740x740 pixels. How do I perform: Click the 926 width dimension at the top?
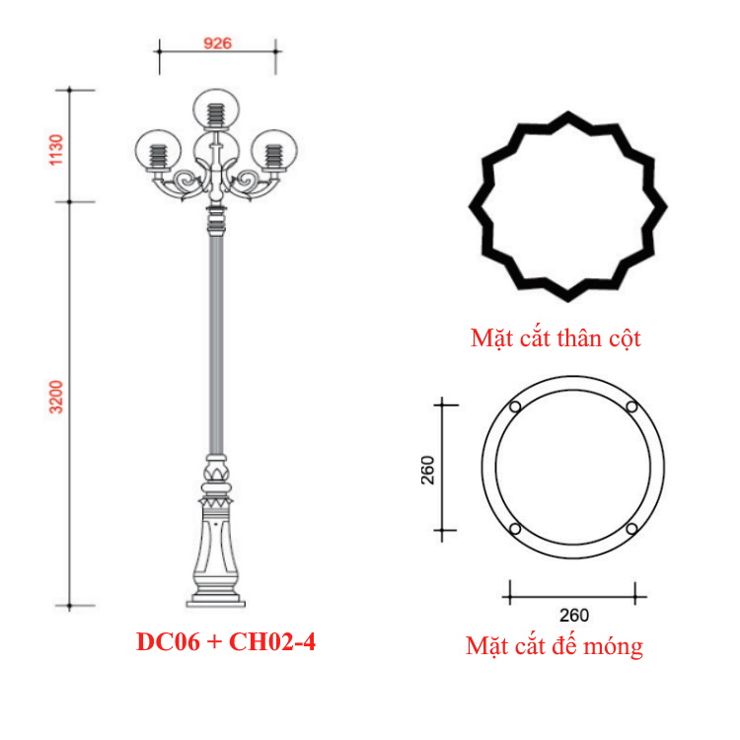tap(216, 43)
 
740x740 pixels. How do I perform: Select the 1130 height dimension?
tap(56, 148)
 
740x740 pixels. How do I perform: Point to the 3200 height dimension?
tap(56, 397)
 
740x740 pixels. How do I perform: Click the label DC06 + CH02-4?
tap(226, 642)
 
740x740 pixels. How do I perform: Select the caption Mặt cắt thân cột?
tap(555, 339)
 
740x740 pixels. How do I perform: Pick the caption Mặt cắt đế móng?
tap(554, 647)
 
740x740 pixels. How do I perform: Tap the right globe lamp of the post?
tap(273, 151)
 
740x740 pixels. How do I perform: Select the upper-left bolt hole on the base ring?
tap(514, 408)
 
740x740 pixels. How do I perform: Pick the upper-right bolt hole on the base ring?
tap(631, 408)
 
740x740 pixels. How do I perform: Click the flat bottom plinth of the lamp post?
tap(215, 598)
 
